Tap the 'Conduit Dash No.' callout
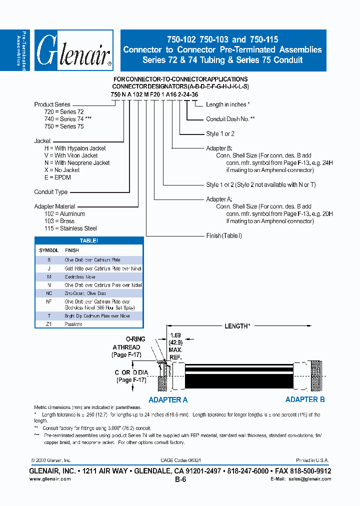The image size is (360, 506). [230, 119]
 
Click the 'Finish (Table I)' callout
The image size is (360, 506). [224, 235]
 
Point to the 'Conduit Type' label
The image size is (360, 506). [50, 192]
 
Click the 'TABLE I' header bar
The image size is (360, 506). [89, 240]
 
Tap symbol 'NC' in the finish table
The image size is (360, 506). [49, 293]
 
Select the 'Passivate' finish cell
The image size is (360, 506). [73, 324]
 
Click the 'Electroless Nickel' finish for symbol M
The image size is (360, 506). [80, 277]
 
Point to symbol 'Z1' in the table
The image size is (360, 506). [49, 324]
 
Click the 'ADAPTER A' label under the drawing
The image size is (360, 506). [168, 399]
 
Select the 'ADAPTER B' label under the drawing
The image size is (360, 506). [305, 399]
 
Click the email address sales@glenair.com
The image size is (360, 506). [308, 479]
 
